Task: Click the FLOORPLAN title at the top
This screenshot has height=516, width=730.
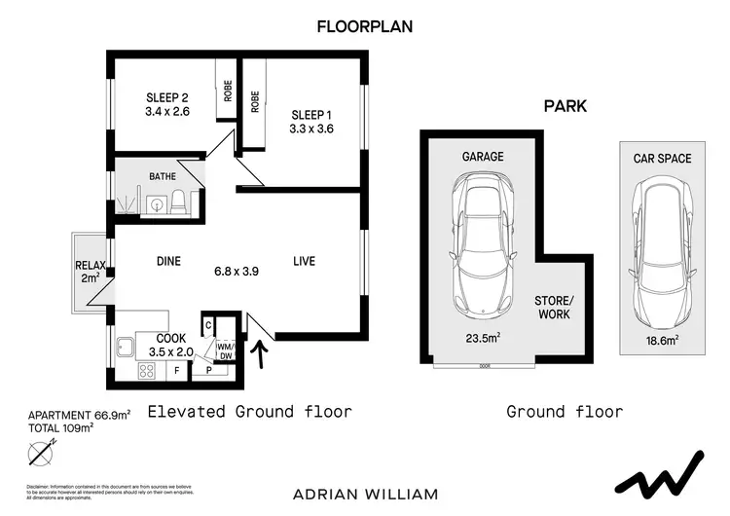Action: [x=365, y=27]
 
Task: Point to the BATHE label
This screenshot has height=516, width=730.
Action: [x=163, y=177]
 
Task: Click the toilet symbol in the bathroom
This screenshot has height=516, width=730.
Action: [x=179, y=203]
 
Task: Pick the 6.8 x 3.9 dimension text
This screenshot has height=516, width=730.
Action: [x=237, y=272]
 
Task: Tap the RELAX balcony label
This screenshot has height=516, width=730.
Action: [x=90, y=272]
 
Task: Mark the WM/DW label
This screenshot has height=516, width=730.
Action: [x=225, y=350]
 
